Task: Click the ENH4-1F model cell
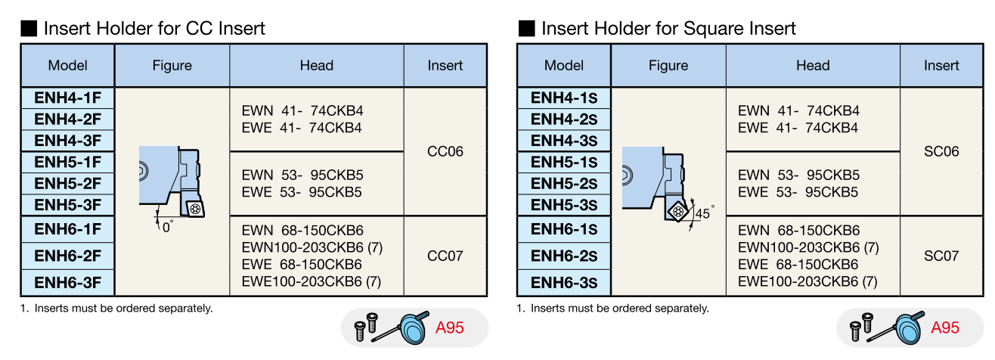point(67,98)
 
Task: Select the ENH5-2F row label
point(67,183)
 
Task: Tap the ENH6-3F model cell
point(67,283)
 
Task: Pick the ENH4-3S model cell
point(563,141)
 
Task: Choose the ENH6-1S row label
point(563,229)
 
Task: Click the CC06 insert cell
point(445,151)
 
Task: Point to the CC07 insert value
point(445,256)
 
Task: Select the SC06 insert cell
point(941,151)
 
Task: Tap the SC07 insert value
point(941,256)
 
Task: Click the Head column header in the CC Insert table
point(316,65)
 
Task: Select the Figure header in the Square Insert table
point(668,65)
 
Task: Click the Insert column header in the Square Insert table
point(941,65)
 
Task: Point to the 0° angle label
point(167,225)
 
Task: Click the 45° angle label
point(704,214)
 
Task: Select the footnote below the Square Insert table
point(612,308)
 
